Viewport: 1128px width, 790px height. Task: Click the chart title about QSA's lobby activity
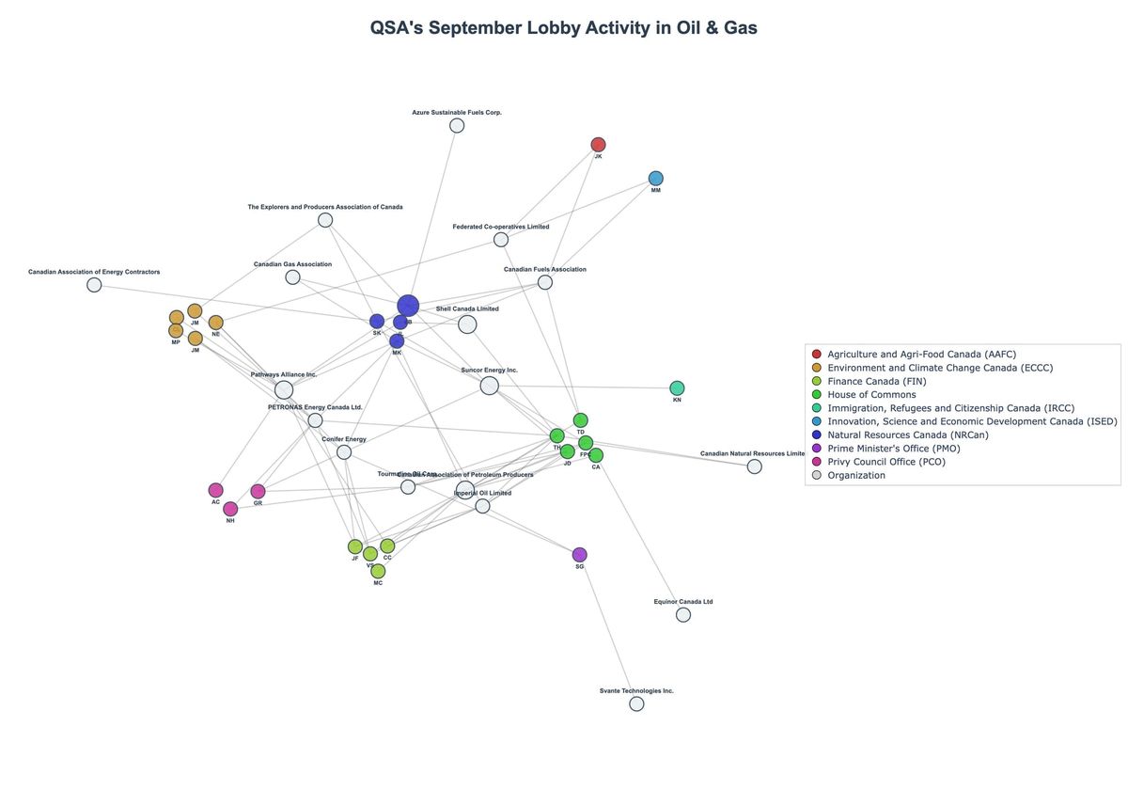564,28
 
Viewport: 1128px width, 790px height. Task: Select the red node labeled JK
598,144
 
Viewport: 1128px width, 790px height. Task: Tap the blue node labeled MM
656,178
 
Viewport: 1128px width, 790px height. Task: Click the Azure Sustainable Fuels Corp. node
457,125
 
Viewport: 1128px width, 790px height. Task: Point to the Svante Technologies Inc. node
636,703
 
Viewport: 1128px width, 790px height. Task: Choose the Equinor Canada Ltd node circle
683,614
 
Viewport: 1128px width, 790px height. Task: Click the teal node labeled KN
677,387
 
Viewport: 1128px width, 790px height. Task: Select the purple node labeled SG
579,555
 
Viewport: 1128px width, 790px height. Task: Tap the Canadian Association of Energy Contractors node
94,285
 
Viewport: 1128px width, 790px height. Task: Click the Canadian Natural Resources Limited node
754,466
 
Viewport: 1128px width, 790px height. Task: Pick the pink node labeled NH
230,509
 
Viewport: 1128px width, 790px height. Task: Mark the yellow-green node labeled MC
378,571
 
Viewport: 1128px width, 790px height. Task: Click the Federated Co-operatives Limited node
501,240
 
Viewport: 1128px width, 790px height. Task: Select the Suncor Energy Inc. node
489,386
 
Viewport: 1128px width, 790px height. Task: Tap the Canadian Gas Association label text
292,264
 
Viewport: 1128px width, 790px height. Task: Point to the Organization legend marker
816,475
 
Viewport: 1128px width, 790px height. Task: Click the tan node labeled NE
215,323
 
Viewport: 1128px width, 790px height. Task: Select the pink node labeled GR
258,491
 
